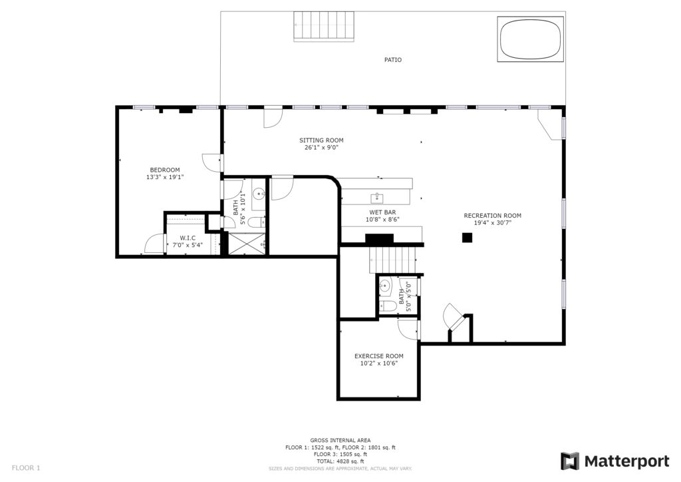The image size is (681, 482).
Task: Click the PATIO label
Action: point(392,60)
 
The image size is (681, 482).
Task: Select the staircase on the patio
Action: point(324,27)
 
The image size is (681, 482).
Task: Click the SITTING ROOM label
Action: point(321,140)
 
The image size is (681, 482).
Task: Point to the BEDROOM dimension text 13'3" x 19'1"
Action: point(165,177)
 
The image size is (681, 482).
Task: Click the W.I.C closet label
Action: point(188,238)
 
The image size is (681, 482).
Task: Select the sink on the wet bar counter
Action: point(377,198)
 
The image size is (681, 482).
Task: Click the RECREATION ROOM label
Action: point(493,216)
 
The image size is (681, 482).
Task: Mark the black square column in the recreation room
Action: point(467,238)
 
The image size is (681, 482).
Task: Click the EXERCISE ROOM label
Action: point(378,356)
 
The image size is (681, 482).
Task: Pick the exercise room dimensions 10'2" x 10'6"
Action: point(378,363)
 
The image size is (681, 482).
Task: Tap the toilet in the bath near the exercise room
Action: point(388,306)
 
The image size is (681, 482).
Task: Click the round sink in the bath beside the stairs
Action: point(385,286)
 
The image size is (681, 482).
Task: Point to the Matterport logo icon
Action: point(569,461)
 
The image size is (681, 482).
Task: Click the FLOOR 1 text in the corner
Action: point(26,468)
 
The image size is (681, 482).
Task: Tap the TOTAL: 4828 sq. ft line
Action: point(340,461)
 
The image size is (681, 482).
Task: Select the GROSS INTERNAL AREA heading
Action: point(340,440)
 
